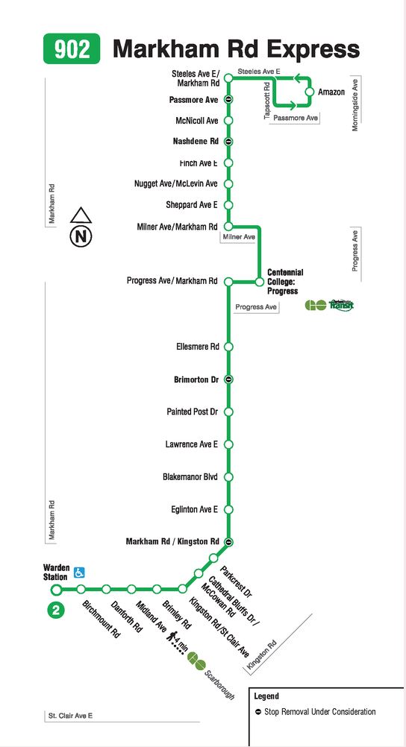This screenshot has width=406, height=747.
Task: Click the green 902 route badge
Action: click(72, 48)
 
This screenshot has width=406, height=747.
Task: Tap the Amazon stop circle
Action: click(310, 92)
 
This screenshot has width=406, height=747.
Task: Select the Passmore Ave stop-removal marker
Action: click(228, 100)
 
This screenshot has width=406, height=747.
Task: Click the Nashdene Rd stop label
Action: click(195, 142)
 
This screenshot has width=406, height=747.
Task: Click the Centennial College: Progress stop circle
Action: click(259, 282)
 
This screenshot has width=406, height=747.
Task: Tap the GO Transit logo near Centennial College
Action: click(329, 305)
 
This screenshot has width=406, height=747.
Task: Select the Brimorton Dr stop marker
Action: click(228, 379)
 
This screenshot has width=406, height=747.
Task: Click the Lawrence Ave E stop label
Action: click(192, 444)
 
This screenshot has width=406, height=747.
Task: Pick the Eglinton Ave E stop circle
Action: click(228, 510)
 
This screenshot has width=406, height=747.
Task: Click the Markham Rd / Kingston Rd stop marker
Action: click(228, 542)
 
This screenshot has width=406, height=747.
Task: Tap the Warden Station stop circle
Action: click(56, 590)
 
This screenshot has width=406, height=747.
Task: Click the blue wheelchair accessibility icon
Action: click(79, 572)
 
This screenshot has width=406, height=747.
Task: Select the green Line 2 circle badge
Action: click(56, 611)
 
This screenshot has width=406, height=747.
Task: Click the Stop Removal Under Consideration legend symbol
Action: click(258, 712)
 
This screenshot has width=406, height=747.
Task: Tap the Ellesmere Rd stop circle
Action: click(228, 347)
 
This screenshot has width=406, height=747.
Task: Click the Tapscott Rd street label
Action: click(267, 100)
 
